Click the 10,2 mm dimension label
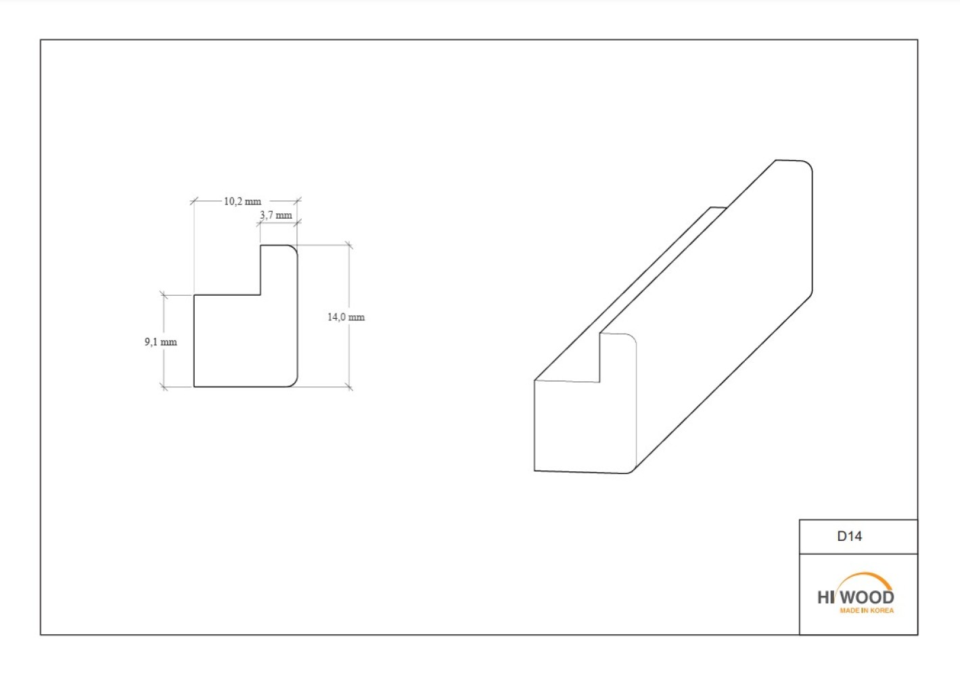click(x=242, y=201)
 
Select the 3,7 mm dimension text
click(x=276, y=215)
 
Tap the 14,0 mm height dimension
click(x=346, y=317)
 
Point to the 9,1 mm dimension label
click(x=161, y=342)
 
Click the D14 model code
click(x=850, y=536)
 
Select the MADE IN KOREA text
click(x=867, y=610)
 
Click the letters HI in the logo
click(x=826, y=597)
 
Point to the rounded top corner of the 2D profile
click(x=294, y=248)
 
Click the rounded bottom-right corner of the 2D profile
click(x=294, y=384)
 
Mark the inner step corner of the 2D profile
click(x=260, y=295)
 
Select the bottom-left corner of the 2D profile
click(x=194, y=387)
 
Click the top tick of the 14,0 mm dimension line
click(x=349, y=245)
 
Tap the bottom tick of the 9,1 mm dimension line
click(x=164, y=387)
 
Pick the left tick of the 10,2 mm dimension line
click(x=194, y=200)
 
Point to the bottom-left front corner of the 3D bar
click(x=534, y=471)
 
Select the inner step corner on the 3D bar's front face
click(x=599, y=382)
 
